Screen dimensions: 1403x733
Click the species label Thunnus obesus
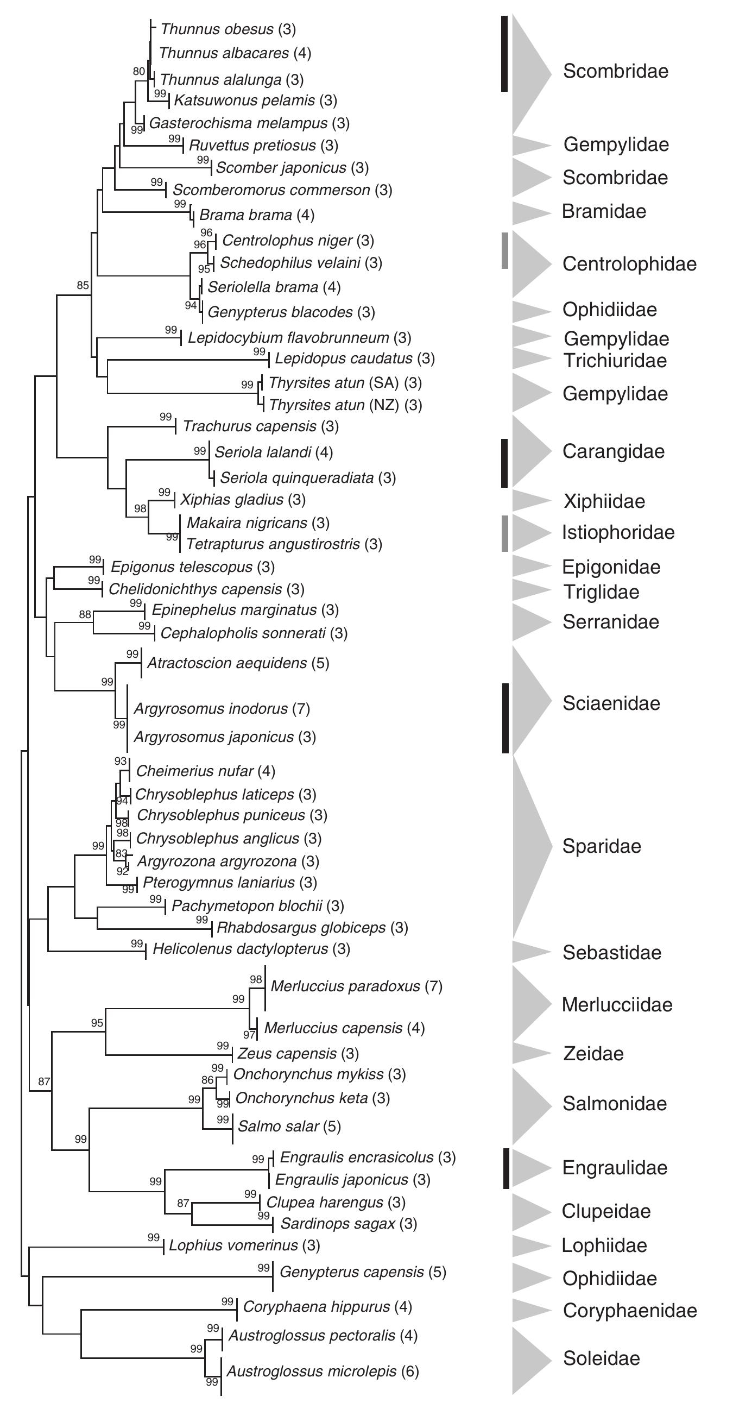point(217,29)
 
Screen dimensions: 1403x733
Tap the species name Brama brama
point(246,215)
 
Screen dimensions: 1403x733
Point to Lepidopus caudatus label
point(344,358)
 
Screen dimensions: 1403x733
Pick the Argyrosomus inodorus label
point(211,709)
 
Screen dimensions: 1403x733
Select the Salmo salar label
point(279,1127)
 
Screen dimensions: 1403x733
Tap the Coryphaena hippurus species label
point(317,1307)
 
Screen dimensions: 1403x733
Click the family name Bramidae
point(604,211)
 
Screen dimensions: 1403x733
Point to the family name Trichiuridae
point(615,361)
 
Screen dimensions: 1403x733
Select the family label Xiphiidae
point(604,501)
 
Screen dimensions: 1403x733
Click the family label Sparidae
point(601,846)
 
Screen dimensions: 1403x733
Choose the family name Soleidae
point(601,1358)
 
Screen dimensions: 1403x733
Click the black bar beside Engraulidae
point(506,1168)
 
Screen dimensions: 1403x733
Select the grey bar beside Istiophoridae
point(505,533)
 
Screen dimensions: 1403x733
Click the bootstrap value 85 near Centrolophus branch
point(83,285)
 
